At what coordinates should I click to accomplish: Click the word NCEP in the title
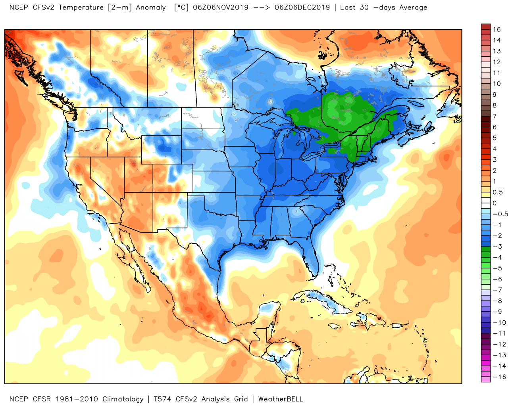19,7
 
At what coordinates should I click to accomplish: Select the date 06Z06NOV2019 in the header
221,7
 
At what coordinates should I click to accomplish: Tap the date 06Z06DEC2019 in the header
302,7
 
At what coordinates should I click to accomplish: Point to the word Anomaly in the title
151,7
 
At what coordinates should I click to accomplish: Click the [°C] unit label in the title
181,7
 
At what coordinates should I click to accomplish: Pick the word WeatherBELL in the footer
281,399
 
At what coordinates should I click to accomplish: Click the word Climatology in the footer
123,399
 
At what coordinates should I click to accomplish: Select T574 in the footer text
163,399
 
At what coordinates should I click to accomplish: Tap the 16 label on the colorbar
497,29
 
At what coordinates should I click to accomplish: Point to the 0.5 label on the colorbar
498,192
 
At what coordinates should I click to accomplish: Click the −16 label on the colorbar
499,377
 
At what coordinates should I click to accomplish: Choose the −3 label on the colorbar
497,247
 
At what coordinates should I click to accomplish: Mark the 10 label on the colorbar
497,84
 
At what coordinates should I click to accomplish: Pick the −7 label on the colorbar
497,290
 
